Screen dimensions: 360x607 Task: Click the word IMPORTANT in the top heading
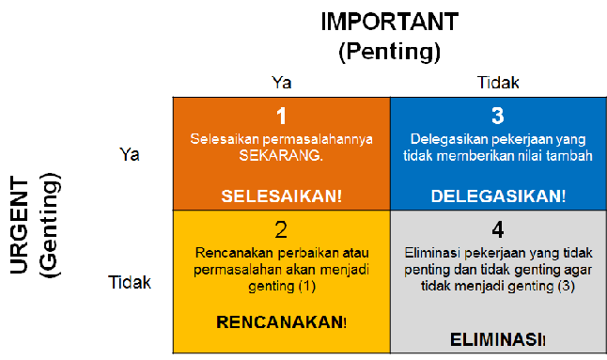click(389, 22)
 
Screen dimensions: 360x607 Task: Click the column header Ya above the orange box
click(281, 84)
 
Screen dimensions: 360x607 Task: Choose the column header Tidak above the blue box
click(498, 84)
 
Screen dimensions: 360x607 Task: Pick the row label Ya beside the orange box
click(130, 154)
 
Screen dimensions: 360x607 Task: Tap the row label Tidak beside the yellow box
click(130, 281)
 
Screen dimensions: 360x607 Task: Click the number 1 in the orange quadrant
click(280, 116)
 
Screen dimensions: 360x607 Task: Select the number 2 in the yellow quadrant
click(280, 230)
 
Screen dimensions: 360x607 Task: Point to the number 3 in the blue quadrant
click(498, 116)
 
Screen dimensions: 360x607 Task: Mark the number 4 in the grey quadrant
click(498, 230)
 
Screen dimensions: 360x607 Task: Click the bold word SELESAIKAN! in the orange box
click(280, 196)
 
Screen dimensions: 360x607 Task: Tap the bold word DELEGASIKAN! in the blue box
click(498, 196)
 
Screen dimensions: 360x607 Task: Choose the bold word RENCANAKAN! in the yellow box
click(281, 321)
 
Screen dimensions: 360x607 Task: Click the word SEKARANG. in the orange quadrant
click(281, 156)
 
